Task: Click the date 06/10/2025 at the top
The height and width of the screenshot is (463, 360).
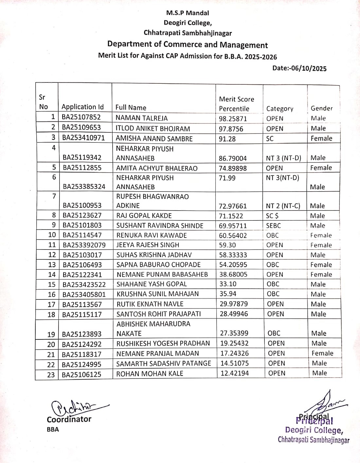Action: (299, 68)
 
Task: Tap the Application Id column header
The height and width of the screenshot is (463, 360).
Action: (82, 107)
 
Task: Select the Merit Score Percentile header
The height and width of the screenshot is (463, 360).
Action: (236, 104)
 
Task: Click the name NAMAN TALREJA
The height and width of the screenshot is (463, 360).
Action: (141, 118)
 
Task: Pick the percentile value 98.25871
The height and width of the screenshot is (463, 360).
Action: (233, 119)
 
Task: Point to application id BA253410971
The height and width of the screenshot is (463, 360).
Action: (83, 138)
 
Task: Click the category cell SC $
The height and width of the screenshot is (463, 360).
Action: (272, 215)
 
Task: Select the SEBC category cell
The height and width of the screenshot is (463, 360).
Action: (273, 226)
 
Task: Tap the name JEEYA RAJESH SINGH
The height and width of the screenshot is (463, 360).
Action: (148, 245)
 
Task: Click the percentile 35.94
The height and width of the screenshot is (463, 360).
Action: (228, 294)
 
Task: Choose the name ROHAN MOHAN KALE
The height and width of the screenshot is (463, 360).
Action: (150, 374)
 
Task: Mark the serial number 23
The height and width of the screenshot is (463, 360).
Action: (51, 375)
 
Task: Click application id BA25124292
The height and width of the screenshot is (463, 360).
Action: (82, 344)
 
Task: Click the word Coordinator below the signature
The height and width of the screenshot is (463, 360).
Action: (69, 420)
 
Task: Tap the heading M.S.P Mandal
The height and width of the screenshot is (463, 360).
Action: (188, 13)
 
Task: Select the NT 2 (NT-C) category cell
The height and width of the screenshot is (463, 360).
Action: (283, 206)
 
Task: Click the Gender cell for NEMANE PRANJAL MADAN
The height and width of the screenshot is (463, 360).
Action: (322, 353)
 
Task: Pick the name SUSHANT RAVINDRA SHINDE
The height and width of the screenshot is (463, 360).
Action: (160, 226)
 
